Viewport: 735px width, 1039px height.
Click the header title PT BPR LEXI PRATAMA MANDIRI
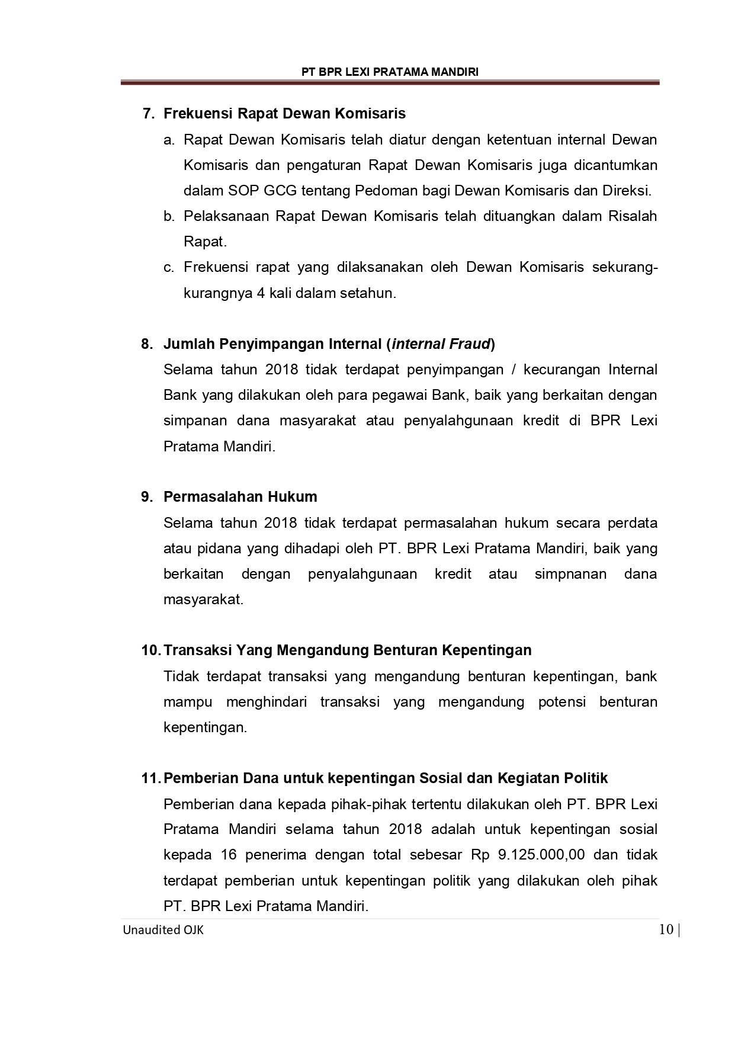390,72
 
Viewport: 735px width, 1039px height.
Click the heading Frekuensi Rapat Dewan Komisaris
284,113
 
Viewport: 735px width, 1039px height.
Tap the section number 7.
148,113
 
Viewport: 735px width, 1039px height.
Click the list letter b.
169,216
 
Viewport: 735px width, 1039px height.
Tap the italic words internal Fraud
441,344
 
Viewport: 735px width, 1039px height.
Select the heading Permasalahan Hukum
240,497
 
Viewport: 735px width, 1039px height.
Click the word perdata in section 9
633,523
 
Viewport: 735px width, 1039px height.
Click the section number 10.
150,650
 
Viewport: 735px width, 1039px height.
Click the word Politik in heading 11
586,778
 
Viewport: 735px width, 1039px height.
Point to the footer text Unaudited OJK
163,930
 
